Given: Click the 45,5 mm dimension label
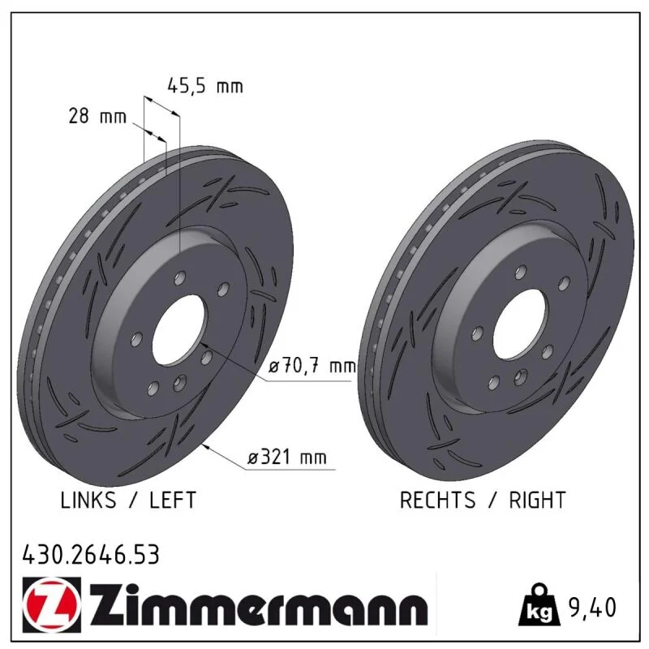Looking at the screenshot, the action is [x=205, y=86].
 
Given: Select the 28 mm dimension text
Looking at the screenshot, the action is [x=97, y=116].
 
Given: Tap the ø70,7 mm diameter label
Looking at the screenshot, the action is [x=312, y=366].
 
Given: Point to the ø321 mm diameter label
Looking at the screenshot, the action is [x=287, y=458].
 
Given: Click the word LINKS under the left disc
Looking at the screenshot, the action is [x=88, y=500].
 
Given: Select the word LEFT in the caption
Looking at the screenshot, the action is [x=173, y=500].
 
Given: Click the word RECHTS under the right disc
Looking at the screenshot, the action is [x=437, y=500].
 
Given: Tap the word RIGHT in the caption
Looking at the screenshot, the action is [x=537, y=500].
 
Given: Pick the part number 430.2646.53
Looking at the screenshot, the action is [x=91, y=555].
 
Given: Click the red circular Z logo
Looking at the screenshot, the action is [x=52, y=604].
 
